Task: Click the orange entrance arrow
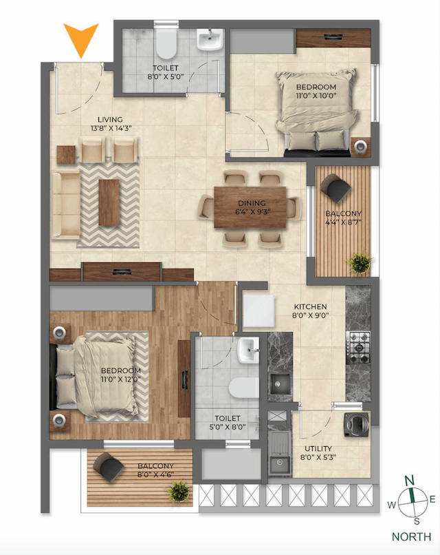click(81, 40)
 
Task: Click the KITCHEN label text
click(309, 306)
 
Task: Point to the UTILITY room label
click(319, 448)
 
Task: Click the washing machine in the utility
click(357, 425)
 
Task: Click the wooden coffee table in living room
click(108, 202)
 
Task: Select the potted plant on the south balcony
click(181, 491)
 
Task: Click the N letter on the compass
click(408, 480)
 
